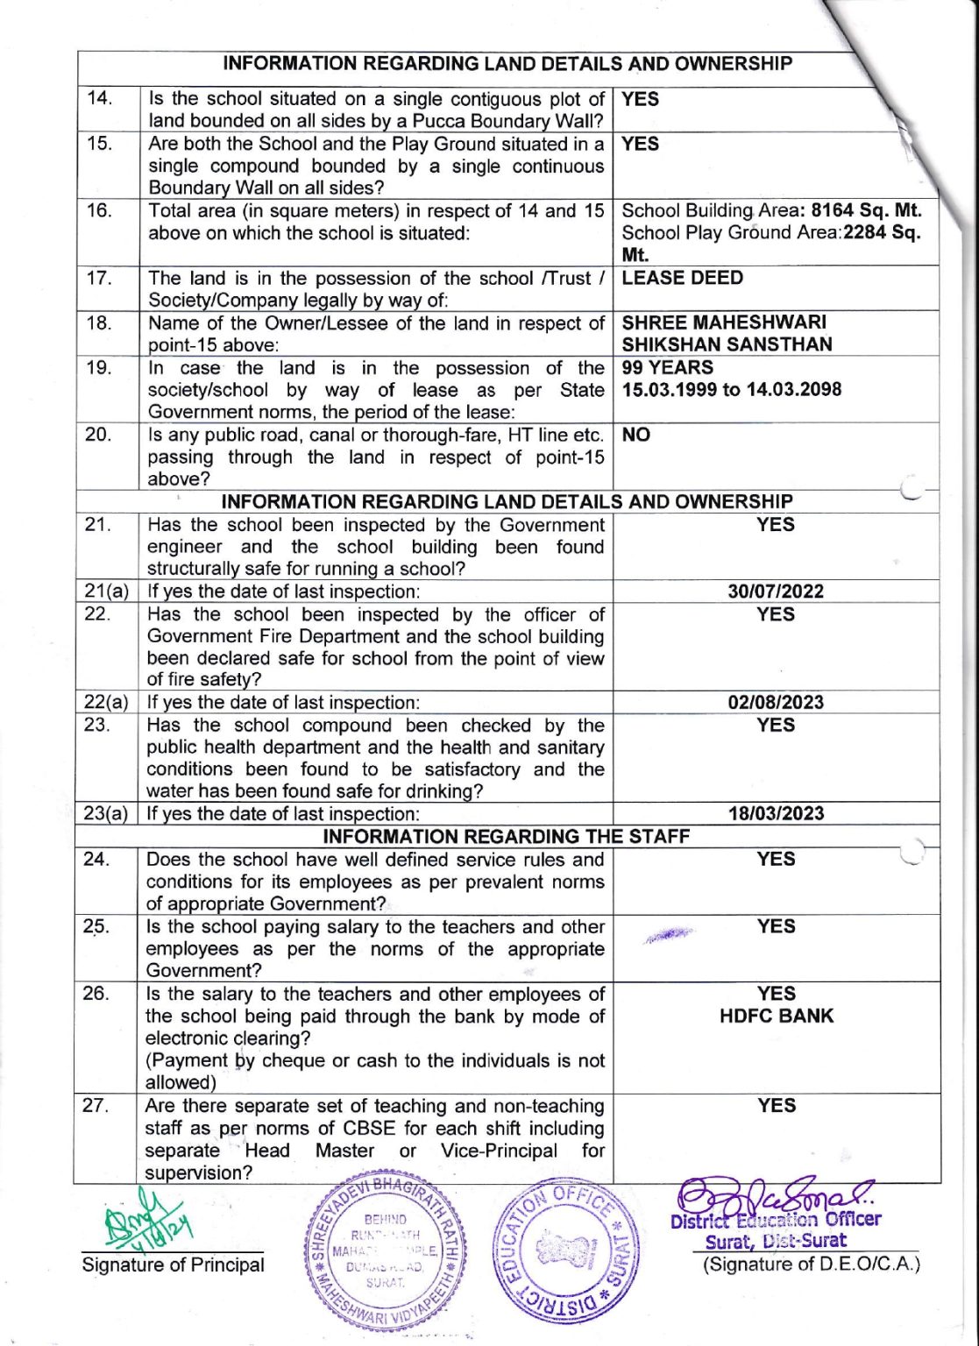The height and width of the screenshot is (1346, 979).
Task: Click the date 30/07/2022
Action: [x=776, y=592]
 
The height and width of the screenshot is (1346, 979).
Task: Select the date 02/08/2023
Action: [x=776, y=703]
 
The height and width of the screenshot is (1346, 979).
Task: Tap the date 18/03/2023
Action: [x=776, y=814]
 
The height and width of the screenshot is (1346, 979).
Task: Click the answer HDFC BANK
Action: [x=777, y=1017]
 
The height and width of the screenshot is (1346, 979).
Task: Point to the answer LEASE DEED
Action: [x=682, y=279]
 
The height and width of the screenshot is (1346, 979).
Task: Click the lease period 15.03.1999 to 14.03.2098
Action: [x=731, y=390]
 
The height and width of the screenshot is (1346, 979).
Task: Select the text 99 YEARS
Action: [x=667, y=368]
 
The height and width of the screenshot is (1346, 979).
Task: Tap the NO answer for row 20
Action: [x=635, y=436]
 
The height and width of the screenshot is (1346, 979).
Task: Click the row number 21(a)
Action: [x=106, y=592]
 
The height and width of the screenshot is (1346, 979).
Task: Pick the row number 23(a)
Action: [x=106, y=814]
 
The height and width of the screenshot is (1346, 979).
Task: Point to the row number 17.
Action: [x=99, y=279]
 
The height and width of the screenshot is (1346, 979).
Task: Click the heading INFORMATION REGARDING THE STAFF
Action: [x=506, y=837]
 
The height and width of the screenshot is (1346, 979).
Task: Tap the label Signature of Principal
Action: [x=173, y=1265]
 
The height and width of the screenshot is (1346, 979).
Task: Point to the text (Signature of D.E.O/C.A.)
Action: [x=811, y=1265]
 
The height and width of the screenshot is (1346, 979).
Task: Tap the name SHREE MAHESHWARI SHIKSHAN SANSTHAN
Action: [x=727, y=334]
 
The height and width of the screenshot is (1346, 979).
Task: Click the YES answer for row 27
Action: [x=777, y=1106]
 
